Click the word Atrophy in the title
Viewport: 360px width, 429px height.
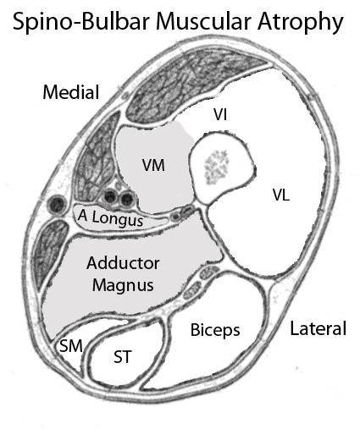pos(300,22)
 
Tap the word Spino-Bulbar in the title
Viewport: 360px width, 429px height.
pos(80,21)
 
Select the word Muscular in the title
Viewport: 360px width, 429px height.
pos(202,20)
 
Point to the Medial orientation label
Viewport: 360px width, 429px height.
pos(71,92)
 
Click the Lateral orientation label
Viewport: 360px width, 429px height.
pos(318,328)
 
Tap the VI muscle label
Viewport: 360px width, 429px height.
pos(220,115)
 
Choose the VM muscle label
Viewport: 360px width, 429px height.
pos(153,165)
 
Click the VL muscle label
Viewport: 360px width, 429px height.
pos(281,195)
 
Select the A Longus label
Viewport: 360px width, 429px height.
pos(111,218)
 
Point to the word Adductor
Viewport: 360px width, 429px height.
pos(123,263)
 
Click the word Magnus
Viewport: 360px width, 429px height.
pos(123,285)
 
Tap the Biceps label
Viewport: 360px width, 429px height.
pos(215,330)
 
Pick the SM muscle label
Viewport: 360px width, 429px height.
pos(71,346)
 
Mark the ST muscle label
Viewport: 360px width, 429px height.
pos(123,357)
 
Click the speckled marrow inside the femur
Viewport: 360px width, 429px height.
pos(217,167)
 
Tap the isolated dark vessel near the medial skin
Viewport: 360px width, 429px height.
pos(58,204)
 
